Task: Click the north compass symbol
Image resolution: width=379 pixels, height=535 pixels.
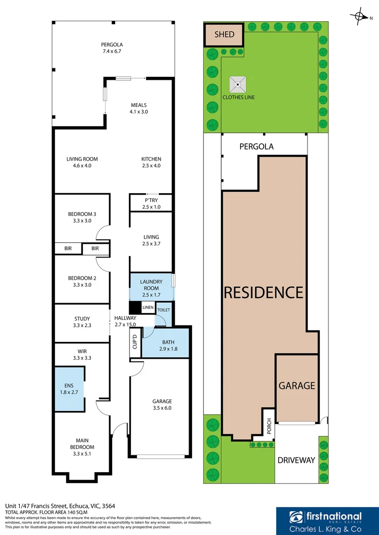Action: click(360, 17)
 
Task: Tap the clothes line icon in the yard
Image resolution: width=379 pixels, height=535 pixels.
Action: click(239, 84)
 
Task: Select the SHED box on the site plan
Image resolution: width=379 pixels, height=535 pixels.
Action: click(224, 35)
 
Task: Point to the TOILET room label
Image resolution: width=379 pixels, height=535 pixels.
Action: click(164, 310)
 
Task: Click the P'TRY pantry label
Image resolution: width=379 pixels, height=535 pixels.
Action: click(151, 200)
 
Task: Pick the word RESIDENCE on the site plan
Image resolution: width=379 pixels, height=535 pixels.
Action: click(263, 292)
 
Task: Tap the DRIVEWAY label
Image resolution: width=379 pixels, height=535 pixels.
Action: click(296, 460)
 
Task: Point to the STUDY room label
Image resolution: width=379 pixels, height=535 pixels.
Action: click(82, 319)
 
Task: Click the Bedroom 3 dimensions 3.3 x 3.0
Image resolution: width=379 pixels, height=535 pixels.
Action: click(82, 221)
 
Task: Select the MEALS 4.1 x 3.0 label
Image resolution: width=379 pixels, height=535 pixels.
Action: click(139, 108)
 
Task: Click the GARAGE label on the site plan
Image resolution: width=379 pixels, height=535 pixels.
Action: click(297, 385)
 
